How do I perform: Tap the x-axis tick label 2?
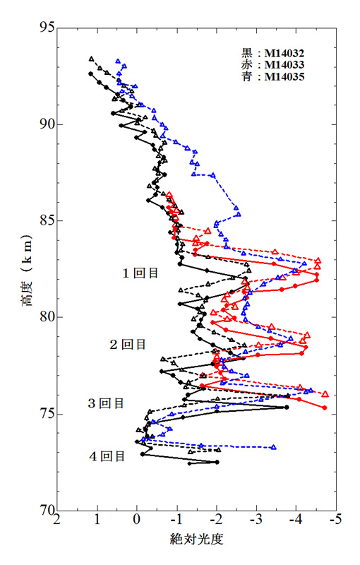57,520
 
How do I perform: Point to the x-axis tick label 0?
137,520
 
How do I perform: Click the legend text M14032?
284,54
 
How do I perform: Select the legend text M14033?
284,65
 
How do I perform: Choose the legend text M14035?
284,77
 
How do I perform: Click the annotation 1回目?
140,273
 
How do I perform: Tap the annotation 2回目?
128,345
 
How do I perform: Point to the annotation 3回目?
106,403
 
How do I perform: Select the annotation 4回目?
107,456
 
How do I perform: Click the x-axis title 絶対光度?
196,539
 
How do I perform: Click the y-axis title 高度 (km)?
27,270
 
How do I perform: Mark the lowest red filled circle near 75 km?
325,408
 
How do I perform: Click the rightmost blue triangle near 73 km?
274,447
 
